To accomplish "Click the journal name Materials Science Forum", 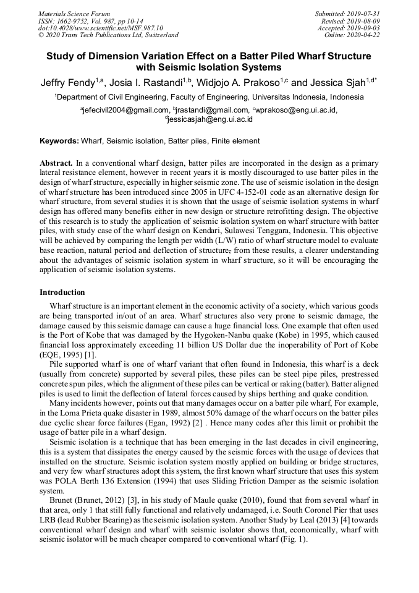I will (74, 13).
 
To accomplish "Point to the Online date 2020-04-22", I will (365, 35).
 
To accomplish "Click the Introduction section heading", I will (62, 292).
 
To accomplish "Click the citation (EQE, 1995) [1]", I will (68, 355).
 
